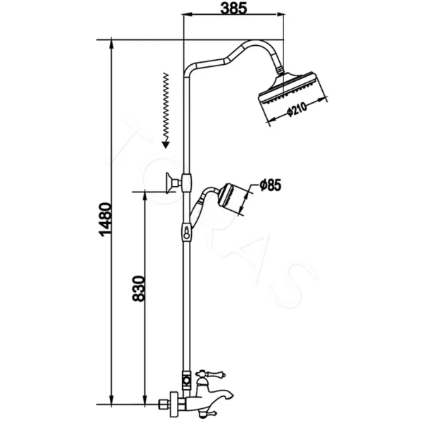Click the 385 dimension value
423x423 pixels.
pyautogui.click(x=233, y=9)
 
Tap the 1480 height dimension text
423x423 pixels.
pyautogui.click(x=104, y=220)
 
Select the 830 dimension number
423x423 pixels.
pyautogui.click(x=139, y=288)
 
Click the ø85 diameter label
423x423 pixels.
pyautogui.click(x=270, y=185)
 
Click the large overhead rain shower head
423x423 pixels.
pyautogui.click(x=290, y=92)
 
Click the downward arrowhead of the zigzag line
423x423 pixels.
pyautogui.click(x=164, y=145)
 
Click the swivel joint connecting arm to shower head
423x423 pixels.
pyautogui.click(x=281, y=70)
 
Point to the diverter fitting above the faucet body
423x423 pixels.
pyautogui.click(x=185, y=381)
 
